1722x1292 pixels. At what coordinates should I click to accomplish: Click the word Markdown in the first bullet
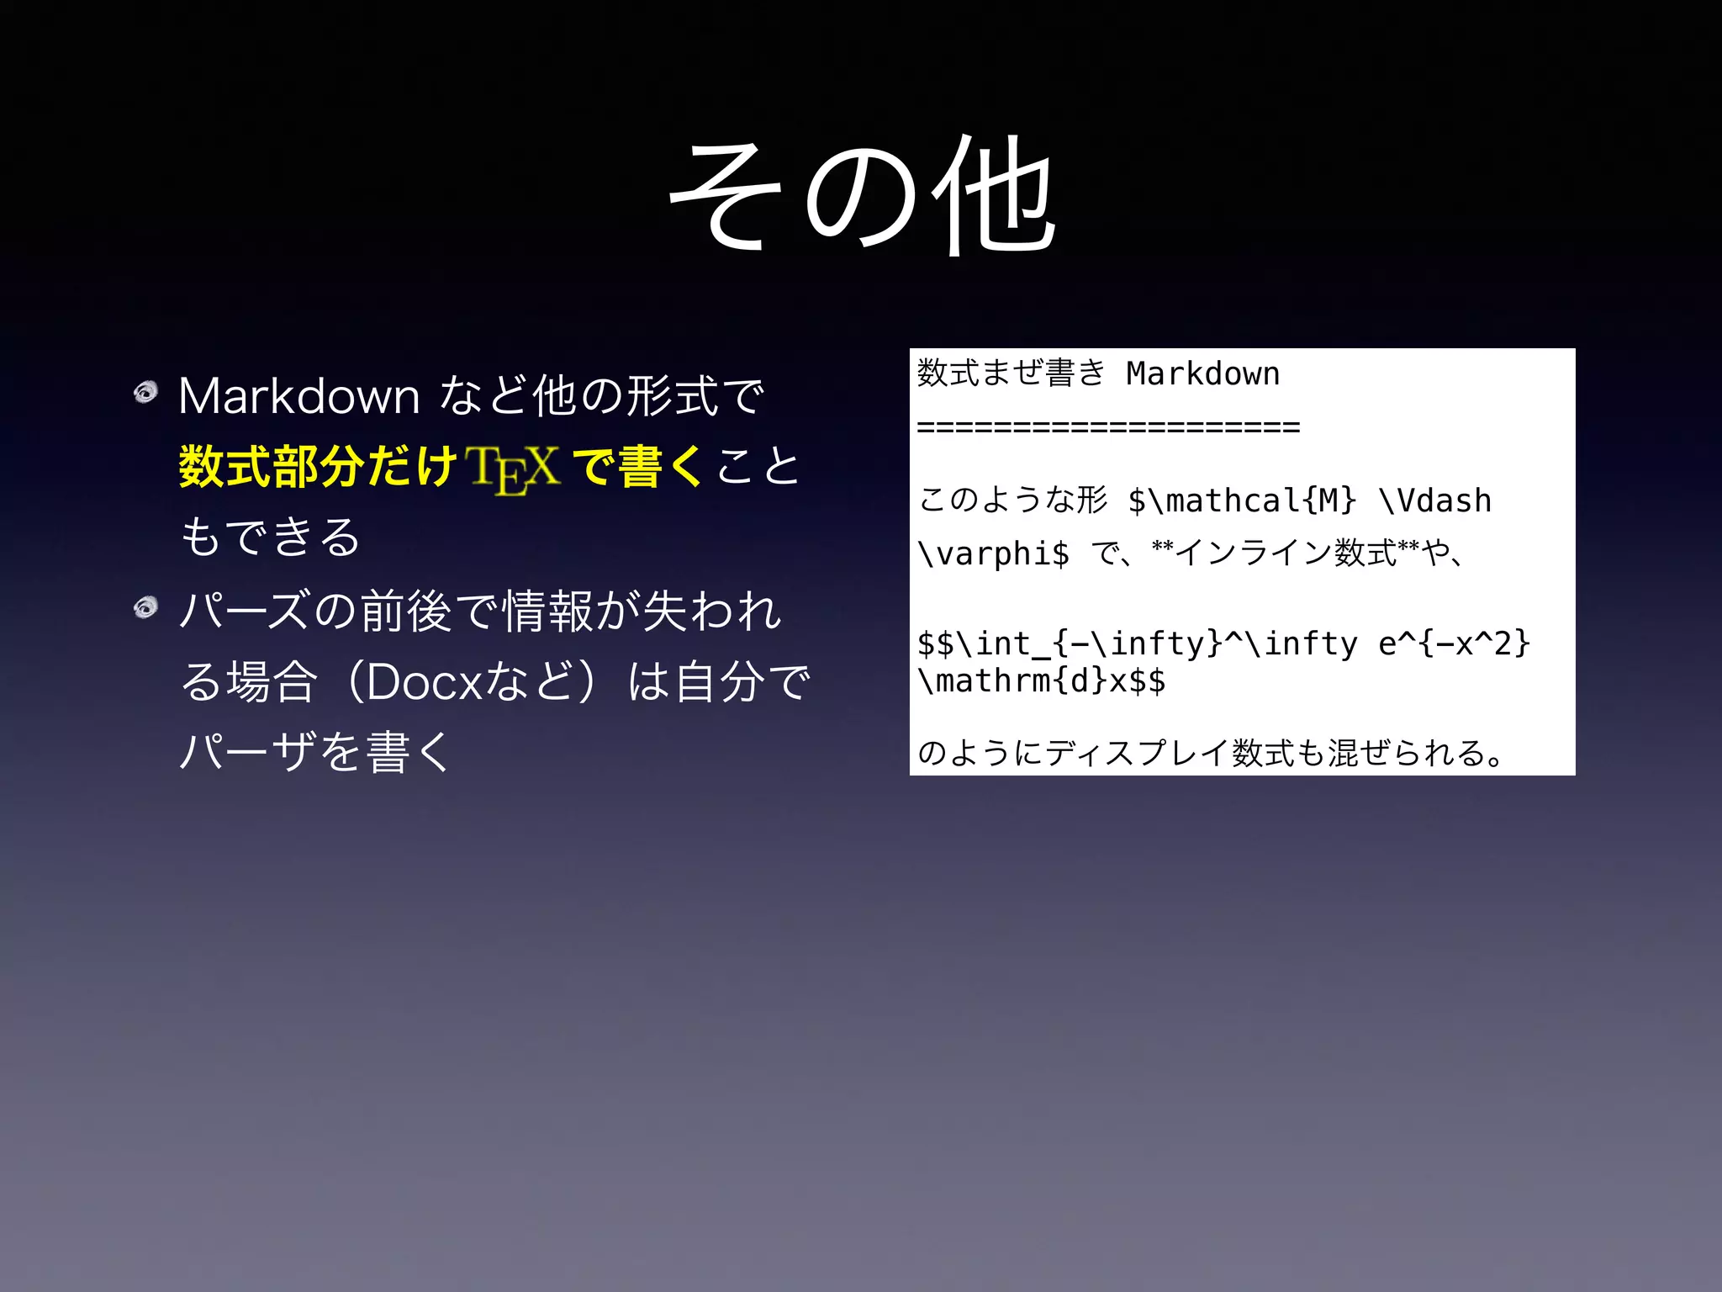[x=299, y=396]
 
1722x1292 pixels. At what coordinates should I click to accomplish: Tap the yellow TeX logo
[x=514, y=469]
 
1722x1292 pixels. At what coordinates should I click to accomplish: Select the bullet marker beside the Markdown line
[x=146, y=392]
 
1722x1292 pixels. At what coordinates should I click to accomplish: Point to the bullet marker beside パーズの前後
[x=146, y=606]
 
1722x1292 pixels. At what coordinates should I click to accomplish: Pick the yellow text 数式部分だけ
[x=318, y=467]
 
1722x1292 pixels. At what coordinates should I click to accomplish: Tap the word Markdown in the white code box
[x=1202, y=374]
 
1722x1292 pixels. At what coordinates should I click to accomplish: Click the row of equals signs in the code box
[x=1108, y=427]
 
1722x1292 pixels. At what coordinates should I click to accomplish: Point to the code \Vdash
[x=1435, y=501]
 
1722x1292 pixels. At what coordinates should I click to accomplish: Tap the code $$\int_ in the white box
[x=984, y=644]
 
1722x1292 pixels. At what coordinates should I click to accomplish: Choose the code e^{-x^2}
[x=1454, y=644]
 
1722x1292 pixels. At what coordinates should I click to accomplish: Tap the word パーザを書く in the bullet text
[x=316, y=751]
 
